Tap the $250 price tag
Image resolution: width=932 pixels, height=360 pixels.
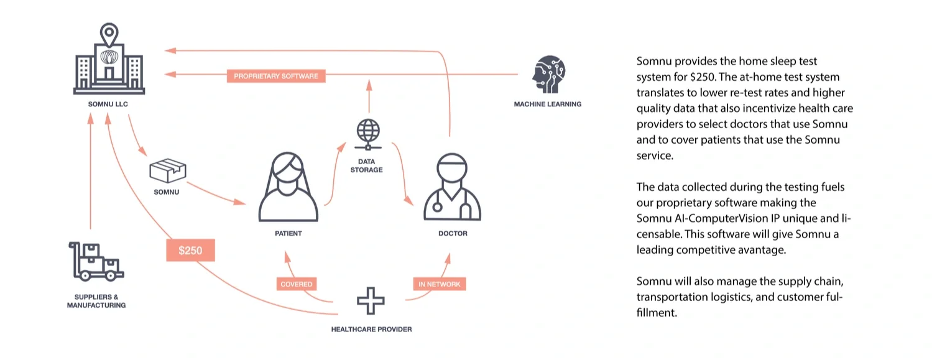(x=190, y=251)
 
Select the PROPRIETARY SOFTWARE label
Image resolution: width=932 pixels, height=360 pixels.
(x=276, y=76)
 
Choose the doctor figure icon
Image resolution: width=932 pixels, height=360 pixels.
(x=452, y=187)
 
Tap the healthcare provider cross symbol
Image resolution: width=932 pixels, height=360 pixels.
(x=371, y=302)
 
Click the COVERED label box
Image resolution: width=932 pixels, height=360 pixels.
(x=296, y=284)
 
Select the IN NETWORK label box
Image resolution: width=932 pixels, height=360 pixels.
(x=440, y=284)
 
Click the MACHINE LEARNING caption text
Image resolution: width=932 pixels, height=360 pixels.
(x=547, y=104)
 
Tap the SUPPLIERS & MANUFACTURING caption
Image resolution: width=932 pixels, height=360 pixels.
(x=96, y=302)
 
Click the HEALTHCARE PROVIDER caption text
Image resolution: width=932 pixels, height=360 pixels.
(x=371, y=329)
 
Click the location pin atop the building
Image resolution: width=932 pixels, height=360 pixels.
(x=109, y=32)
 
